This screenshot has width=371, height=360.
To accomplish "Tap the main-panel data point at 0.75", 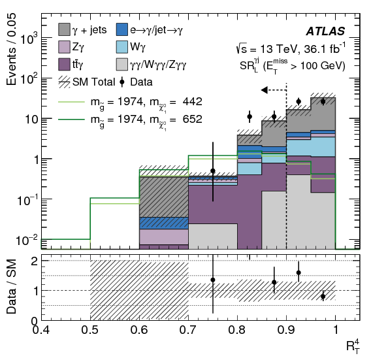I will pyautogui.click(x=213, y=171).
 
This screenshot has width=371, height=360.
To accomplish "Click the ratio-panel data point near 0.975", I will pyautogui.click(x=323, y=296).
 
